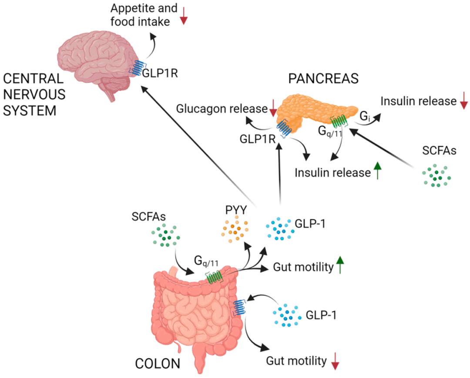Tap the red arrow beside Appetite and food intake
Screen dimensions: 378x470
click(x=184, y=14)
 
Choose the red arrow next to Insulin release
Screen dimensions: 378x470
click(x=463, y=101)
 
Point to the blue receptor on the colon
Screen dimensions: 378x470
click(x=239, y=307)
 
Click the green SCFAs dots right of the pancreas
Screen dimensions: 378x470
click(x=436, y=175)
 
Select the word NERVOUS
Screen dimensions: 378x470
click(x=34, y=95)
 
